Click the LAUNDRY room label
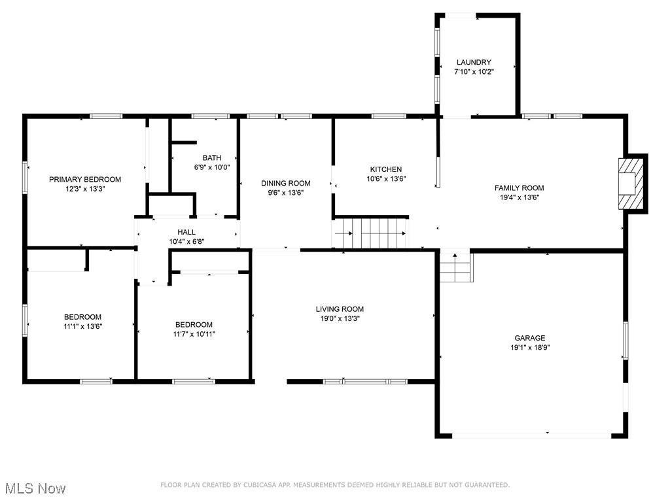pos(474,62)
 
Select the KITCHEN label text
pos(385,169)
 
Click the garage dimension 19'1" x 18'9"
pos(529,348)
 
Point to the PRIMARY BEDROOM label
pos(85,179)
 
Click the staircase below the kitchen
pos(371,233)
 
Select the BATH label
pos(211,158)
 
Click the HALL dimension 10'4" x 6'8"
pos(186,242)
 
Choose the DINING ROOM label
pos(286,183)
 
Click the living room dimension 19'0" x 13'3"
pos(340,318)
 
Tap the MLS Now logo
pos(35,488)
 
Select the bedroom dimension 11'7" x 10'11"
pos(194,334)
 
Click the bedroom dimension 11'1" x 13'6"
pos(82,326)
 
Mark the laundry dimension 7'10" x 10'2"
pos(474,72)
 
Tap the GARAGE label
pos(529,338)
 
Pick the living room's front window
pos(365,381)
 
